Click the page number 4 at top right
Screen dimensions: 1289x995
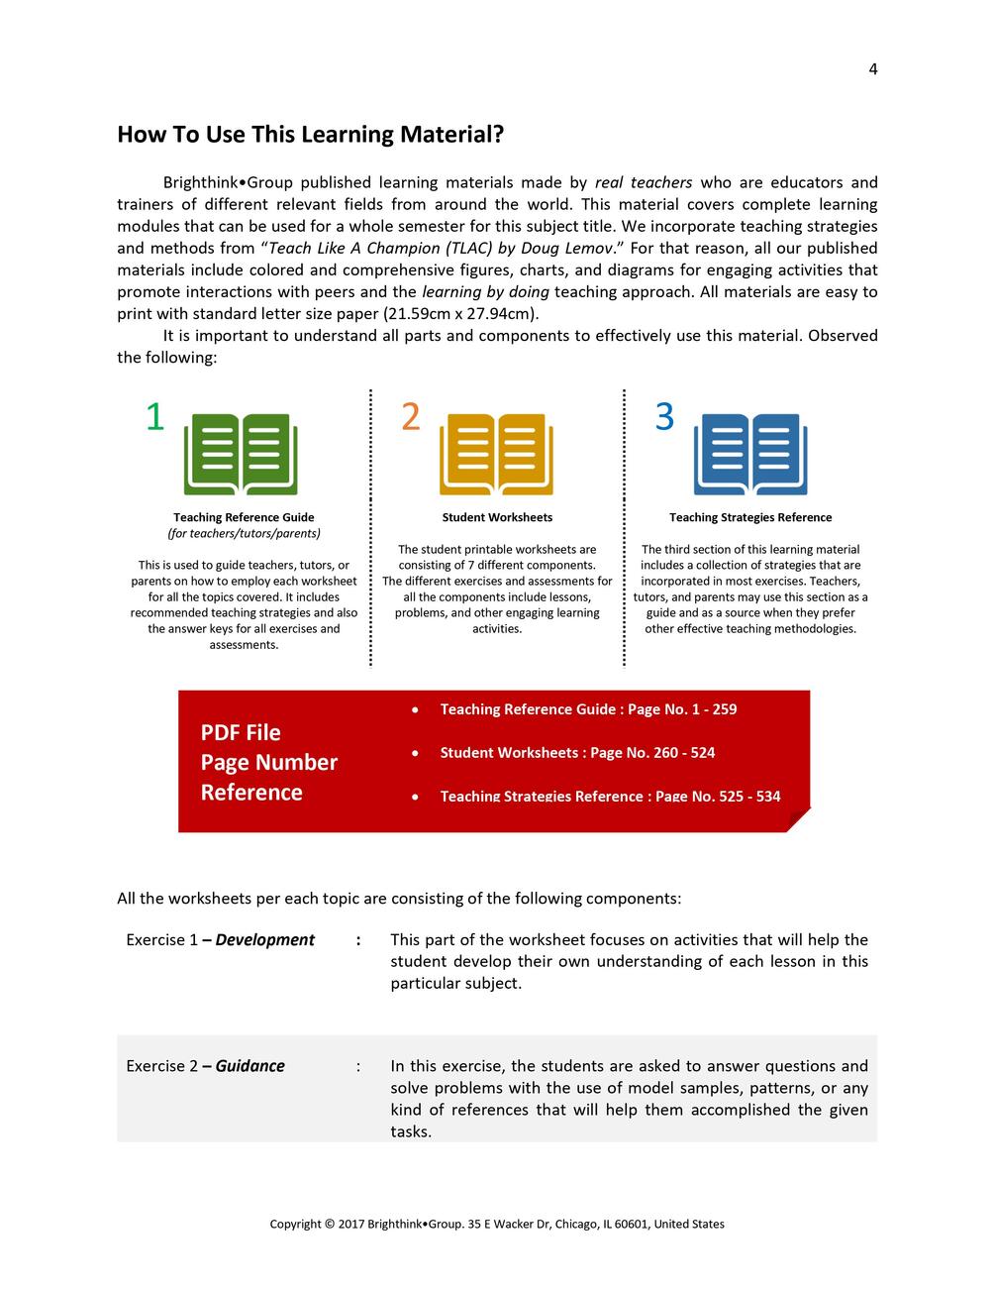872,69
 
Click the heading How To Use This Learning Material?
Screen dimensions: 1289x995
310,135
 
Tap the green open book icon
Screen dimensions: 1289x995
241,455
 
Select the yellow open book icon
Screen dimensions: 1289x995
496,455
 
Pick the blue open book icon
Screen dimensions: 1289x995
750,455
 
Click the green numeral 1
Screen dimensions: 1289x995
154,417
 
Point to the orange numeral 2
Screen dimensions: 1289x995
410,417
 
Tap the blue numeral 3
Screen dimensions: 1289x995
664,417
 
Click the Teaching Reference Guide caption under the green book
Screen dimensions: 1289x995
244,517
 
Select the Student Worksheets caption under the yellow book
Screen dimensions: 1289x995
497,517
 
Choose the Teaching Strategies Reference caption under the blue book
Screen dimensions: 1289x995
750,517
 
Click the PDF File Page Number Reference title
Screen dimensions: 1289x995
268,762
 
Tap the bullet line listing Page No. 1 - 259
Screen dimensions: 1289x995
588,709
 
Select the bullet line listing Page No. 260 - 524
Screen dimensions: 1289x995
577,753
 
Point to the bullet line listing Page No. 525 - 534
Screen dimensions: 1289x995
610,797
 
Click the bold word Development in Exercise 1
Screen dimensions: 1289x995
264,940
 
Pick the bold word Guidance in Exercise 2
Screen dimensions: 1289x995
249,1066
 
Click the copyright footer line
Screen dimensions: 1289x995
497,1225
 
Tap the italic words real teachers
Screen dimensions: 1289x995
644,183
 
